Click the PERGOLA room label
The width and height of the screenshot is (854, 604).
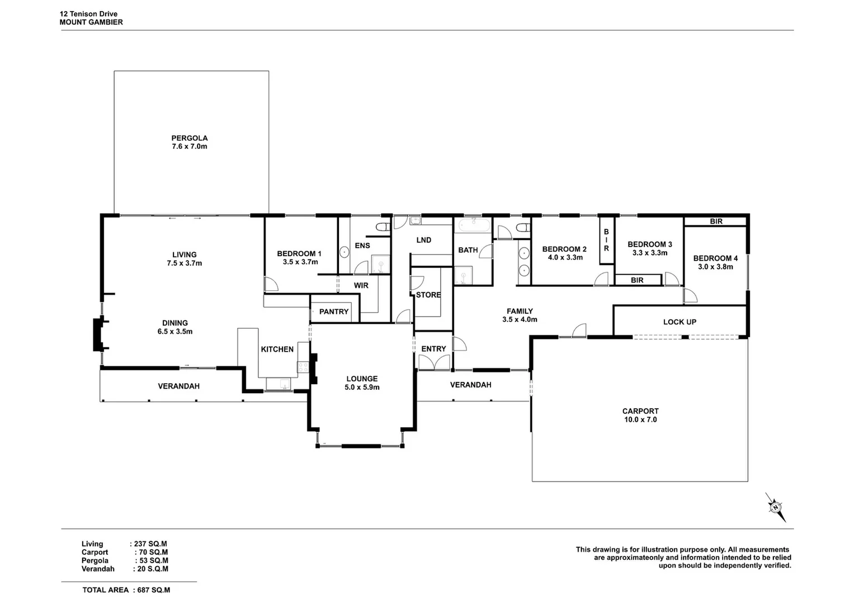point(189,138)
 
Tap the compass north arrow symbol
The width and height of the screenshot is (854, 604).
point(775,507)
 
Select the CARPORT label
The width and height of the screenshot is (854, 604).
point(640,411)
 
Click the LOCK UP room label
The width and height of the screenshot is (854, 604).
point(679,322)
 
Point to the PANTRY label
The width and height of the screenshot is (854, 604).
point(333,312)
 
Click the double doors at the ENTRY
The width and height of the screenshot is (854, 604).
point(433,363)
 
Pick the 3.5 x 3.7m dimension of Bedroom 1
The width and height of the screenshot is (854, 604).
point(300,262)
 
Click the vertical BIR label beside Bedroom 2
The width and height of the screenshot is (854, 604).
point(606,240)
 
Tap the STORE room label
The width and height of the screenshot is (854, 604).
point(428,295)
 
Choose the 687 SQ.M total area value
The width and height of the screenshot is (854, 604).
point(154,590)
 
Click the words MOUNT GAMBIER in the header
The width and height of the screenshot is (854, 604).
point(91,22)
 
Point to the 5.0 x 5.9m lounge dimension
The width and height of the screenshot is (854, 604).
point(362,387)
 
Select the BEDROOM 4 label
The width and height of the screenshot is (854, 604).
point(715,258)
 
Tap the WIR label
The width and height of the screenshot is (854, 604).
point(361,286)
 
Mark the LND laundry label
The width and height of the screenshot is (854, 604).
point(423,240)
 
